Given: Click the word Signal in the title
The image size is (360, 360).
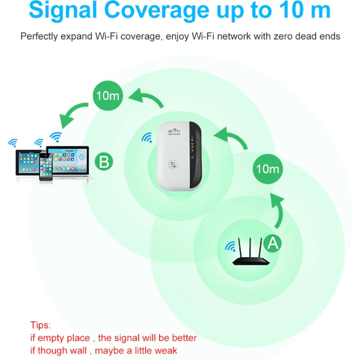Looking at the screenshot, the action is pyautogui.click(x=63, y=10).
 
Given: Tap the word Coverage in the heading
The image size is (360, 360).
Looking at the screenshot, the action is pyautogui.click(x=157, y=10).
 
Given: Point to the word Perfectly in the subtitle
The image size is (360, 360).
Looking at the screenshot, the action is pyautogui.click(x=39, y=36).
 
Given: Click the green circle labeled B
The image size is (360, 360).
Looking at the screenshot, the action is pyautogui.click(x=104, y=162).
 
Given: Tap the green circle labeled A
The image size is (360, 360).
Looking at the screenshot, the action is pyautogui.click(x=273, y=243).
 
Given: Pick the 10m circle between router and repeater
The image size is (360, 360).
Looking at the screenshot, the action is pyautogui.click(x=268, y=169).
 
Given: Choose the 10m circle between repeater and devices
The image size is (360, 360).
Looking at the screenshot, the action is pyautogui.click(x=108, y=95).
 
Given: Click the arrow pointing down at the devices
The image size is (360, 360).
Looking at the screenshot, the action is pyautogui.click(x=71, y=113).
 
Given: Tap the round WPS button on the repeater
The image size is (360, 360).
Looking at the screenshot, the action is pyautogui.click(x=173, y=164).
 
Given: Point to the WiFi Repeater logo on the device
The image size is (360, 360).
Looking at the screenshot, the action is pyautogui.click(x=174, y=132).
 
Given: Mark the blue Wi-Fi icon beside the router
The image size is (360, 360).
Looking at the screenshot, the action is pyautogui.click(x=230, y=246).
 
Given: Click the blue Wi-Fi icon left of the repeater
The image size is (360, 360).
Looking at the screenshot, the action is pyautogui.click(x=147, y=138).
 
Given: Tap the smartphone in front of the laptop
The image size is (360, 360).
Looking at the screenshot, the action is pyautogui.click(x=46, y=167).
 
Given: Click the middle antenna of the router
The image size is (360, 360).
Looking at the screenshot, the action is pyautogui.click(x=250, y=249).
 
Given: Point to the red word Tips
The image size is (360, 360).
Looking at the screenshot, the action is pyautogui.click(x=40, y=325).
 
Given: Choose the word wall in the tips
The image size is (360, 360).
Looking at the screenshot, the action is pyautogui.click(x=78, y=351).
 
